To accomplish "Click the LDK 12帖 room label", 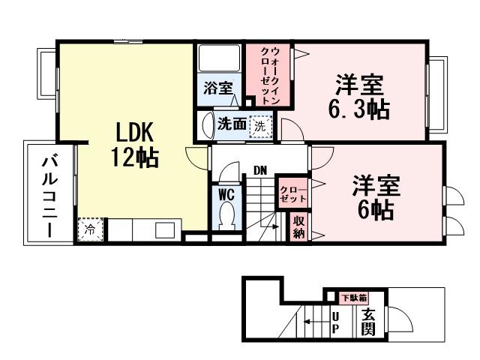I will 134,145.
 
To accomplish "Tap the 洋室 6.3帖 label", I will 358,97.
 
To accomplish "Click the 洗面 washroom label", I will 231,125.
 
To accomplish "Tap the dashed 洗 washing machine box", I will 259,125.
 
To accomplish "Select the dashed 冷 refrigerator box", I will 89,229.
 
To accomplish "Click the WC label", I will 226,193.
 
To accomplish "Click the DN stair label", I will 259,170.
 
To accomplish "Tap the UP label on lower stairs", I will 335,322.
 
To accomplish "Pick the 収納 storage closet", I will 298,227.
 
